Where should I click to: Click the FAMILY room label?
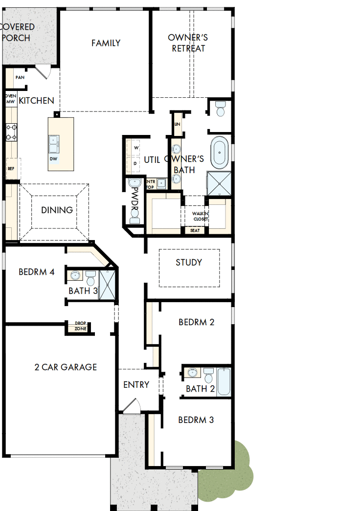click(x=106, y=43)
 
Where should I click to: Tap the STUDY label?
click(x=189, y=263)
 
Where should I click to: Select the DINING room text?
click(x=57, y=210)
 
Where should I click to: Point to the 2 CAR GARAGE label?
click(x=66, y=367)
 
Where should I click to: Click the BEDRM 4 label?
click(x=36, y=272)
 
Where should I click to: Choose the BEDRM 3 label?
click(x=196, y=420)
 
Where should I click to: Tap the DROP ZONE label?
click(x=80, y=326)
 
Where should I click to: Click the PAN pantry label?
click(x=20, y=77)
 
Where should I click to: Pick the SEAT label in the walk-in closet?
click(x=195, y=230)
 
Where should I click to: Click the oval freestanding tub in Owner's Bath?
click(x=219, y=153)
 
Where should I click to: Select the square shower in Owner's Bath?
click(x=219, y=183)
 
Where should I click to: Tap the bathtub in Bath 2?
click(x=224, y=382)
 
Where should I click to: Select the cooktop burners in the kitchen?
click(x=11, y=132)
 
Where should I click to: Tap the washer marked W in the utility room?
click(x=135, y=147)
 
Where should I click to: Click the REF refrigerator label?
click(x=10, y=168)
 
